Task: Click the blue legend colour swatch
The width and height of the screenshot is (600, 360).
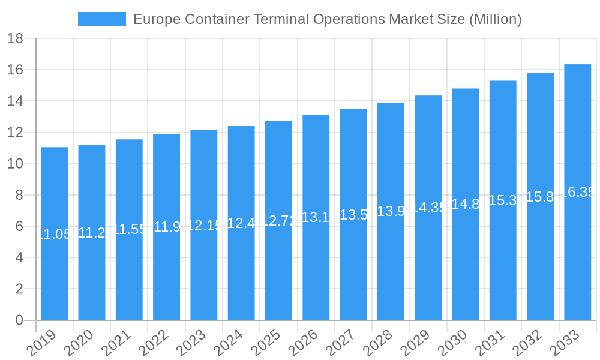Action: (101, 19)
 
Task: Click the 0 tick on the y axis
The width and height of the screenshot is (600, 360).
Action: (19, 320)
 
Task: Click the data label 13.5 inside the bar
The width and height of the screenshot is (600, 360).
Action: (353, 215)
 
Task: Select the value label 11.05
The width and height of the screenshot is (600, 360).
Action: (54, 234)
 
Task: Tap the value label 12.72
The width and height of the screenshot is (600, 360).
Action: (278, 221)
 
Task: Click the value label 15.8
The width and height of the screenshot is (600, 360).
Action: (540, 197)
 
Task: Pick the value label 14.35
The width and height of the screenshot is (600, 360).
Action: (428, 208)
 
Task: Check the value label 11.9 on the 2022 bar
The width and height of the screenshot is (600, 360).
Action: (166, 227)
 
